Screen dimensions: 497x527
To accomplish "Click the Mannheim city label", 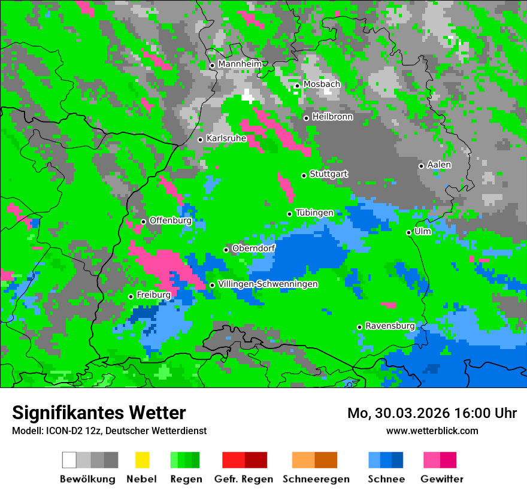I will [x=240, y=64].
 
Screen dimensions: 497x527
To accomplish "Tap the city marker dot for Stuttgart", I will [x=304, y=175].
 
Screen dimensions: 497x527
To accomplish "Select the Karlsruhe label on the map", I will [x=226, y=138].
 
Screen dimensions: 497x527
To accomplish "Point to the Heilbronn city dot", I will [x=307, y=118].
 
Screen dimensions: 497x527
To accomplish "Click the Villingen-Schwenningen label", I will [x=268, y=284].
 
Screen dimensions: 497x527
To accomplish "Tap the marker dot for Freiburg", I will [x=131, y=296].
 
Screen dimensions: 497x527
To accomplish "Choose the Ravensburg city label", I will [x=390, y=326].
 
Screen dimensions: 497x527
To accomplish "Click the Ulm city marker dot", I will [x=409, y=232].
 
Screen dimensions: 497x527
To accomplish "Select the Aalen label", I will [x=439, y=165].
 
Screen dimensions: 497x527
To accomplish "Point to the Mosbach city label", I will [x=322, y=84].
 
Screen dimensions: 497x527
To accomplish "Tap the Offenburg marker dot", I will [x=144, y=222].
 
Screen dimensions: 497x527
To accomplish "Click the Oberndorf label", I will [x=253, y=248].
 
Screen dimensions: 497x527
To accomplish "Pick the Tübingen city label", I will [x=314, y=213].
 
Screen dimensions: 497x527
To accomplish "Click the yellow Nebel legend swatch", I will [x=142, y=460].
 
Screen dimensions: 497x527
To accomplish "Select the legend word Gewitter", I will [x=442, y=479].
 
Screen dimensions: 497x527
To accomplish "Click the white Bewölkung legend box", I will [x=69, y=460].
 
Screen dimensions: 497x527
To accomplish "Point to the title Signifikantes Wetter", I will [x=99, y=413].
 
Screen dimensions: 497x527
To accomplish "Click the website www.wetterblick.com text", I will [x=432, y=431].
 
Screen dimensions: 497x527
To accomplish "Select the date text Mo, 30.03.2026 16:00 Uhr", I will [x=432, y=413].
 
